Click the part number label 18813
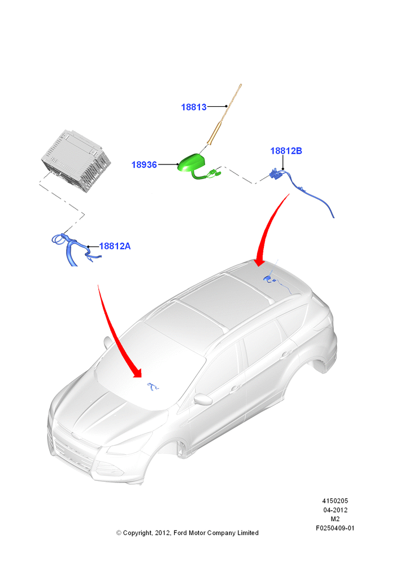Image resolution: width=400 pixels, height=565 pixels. point(194,107)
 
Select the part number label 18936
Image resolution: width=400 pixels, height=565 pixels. point(144,164)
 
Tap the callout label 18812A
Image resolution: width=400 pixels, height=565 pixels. point(115,246)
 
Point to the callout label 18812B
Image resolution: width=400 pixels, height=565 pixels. point(286,151)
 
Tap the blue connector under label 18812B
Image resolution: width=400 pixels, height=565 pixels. point(276,175)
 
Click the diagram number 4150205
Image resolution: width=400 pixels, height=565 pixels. point(335,501)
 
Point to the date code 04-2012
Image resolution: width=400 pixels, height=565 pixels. point(335,510)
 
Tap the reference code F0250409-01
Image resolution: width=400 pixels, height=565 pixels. point(335,528)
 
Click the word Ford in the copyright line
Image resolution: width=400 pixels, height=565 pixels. point(180,533)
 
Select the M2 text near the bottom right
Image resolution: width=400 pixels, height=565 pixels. point(335,519)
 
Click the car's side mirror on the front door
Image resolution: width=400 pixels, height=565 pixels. point(202,399)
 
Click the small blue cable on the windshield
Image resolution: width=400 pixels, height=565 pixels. point(153,387)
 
